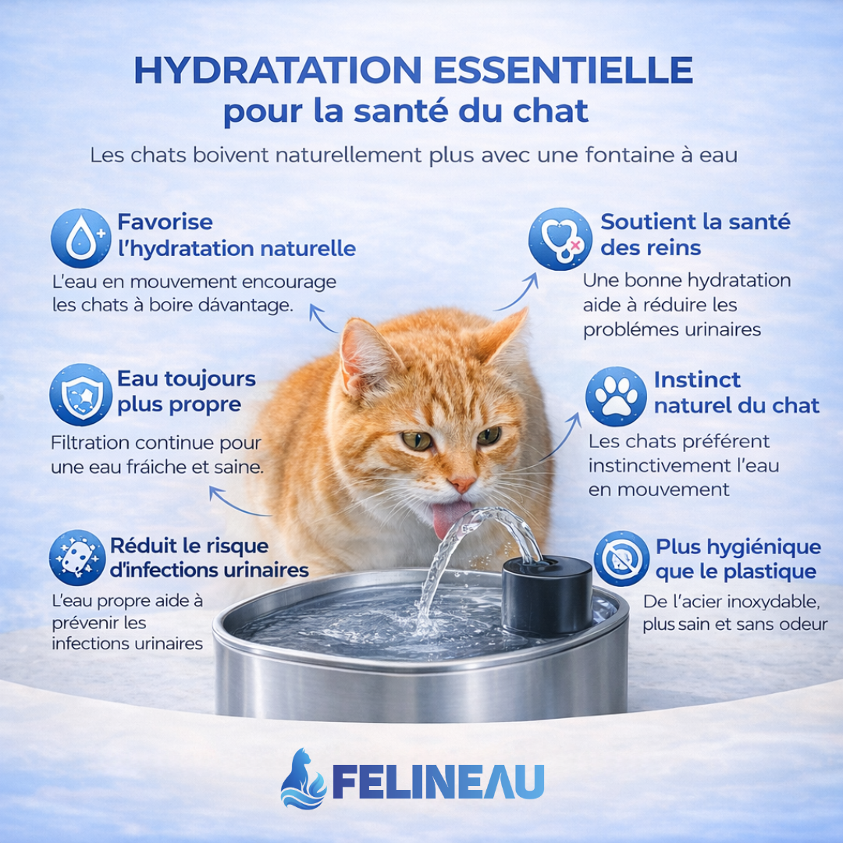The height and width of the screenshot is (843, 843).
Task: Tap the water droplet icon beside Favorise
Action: (x=80, y=238)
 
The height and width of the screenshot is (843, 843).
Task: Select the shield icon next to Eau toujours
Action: (x=80, y=394)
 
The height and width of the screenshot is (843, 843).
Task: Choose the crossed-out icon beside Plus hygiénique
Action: (x=621, y=558)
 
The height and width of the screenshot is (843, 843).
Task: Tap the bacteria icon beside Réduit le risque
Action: (x=76, y=558)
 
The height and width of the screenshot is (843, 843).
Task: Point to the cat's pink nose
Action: (x=462, y=483)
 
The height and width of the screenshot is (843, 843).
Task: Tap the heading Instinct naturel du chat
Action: (x=735, y=393)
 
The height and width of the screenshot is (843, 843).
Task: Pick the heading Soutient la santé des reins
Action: (x=695, y=234)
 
